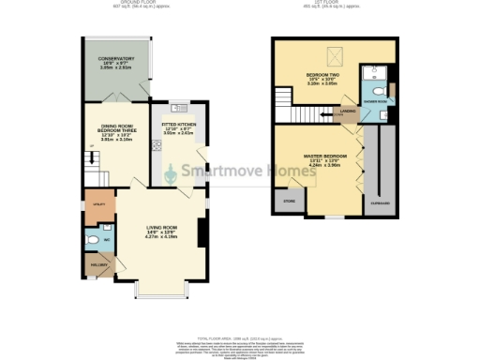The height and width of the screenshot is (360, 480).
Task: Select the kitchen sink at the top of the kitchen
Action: pyautogui.click(x=179, y=105)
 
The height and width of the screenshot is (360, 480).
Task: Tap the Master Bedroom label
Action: pyautogui.click(x=325, y=157)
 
